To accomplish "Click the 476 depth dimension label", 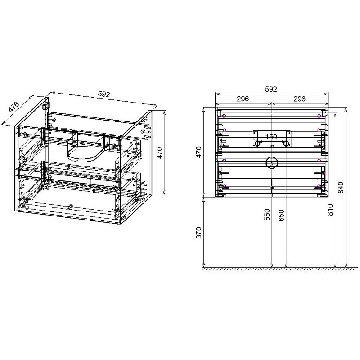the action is [x=14, y=107].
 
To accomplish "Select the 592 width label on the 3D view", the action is [x=104, y=94].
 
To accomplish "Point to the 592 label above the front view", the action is [x=271, y=89].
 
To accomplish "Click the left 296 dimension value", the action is [x=243, y=99].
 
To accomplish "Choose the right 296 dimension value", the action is [x=300, y=99].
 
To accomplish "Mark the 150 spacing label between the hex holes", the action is [x=271, y=137].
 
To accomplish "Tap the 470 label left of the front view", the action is [x=198, y=152].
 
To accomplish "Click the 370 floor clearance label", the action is [x=198, y=233].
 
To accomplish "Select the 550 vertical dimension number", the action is [x=267, y=215].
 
